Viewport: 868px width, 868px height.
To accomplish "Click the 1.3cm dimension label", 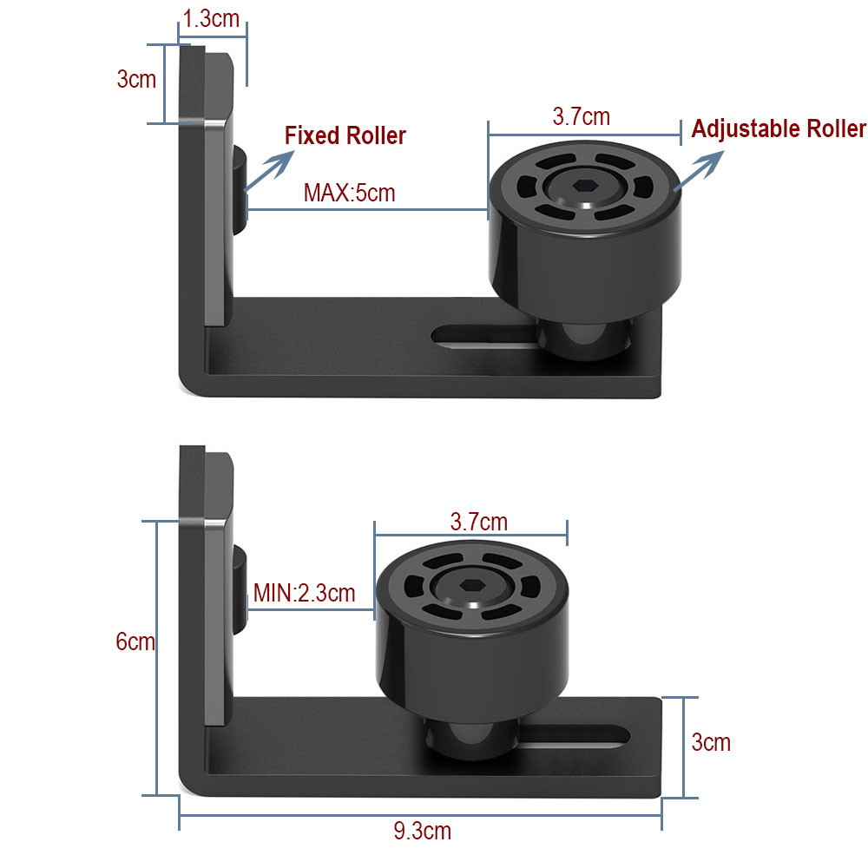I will tap(212, 19).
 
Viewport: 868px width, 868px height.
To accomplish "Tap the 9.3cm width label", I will tap(422, 831).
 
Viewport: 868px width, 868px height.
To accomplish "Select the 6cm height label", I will tap(135, 642).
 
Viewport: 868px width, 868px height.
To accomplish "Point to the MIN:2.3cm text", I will tap(305, 594).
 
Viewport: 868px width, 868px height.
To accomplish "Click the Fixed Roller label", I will tap(345, 136).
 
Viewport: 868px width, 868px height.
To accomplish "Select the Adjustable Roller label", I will tap(779, 129).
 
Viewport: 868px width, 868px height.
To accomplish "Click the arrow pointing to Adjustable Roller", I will tap(698, 168).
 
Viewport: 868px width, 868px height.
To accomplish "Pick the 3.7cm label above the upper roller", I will tap(581, 116).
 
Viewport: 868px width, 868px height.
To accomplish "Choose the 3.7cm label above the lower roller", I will tap(478, 522).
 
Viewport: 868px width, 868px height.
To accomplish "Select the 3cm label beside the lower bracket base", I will tap(711, 743).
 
